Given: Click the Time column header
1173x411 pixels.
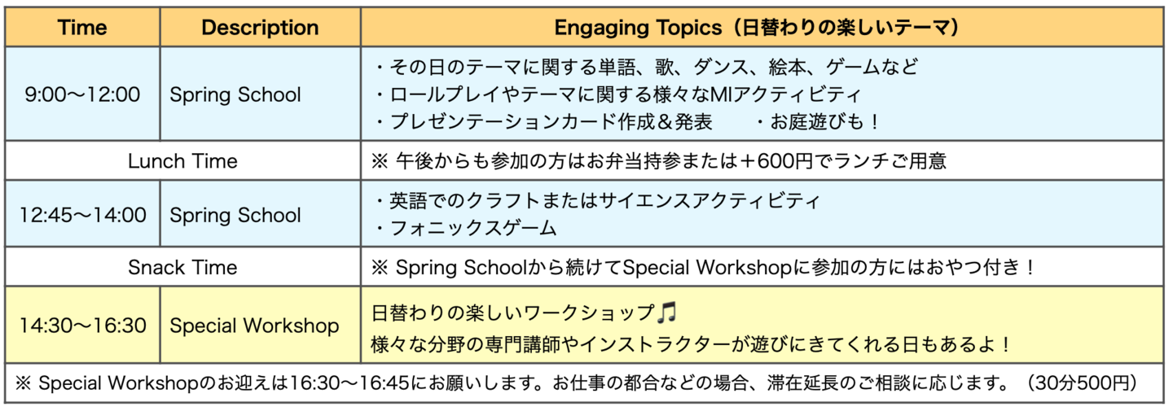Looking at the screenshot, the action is pos(82,27).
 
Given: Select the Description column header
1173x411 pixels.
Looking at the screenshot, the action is pos(261,27).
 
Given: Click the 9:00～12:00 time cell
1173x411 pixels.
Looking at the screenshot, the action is pos(82,94).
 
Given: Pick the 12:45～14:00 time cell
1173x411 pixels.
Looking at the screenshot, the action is pos(82,214).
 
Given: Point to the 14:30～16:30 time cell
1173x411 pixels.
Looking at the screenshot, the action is pos(82,326).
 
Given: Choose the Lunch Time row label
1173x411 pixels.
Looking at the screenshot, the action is pos(182,161).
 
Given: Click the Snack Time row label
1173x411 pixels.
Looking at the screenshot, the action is pos(182,267).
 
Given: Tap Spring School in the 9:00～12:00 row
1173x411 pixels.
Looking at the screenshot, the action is pos(235,94).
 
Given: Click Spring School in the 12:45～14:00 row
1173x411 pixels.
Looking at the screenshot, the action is pos(235,215).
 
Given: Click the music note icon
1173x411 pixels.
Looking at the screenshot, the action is pos(666,313).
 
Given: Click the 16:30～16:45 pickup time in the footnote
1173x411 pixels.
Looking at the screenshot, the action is pos(349,383).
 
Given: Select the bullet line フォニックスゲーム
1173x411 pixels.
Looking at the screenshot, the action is pos(466,228).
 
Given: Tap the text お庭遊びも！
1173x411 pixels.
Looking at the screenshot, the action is pos(819,122).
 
